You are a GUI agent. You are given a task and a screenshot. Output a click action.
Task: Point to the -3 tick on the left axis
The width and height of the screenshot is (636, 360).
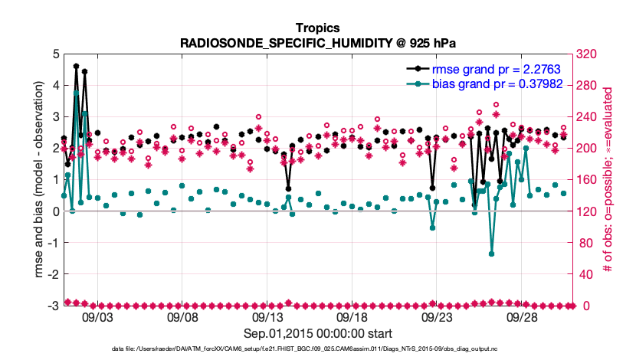(x=54, y=306)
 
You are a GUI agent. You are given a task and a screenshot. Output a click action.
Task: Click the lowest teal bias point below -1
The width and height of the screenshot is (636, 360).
(x=491, y=254)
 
